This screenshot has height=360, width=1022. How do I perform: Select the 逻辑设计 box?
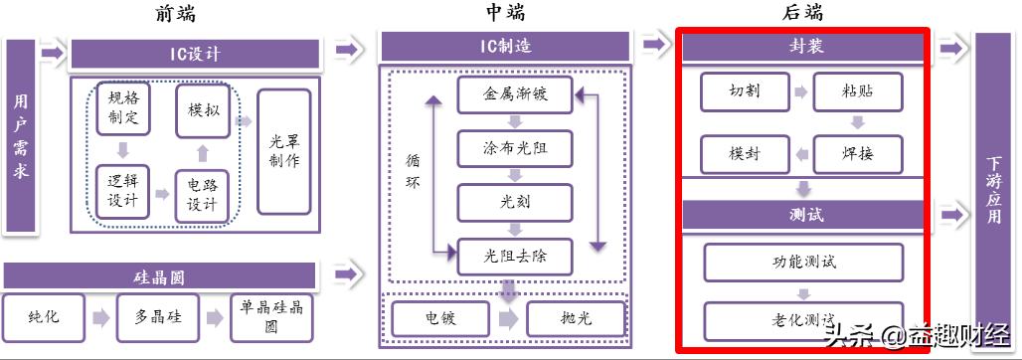click(x=122, y=190)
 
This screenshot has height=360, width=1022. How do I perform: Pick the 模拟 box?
click(x=203, y=110)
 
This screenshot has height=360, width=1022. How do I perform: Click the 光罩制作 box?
click(x=283, y=151)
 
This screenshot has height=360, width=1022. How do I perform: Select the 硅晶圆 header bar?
click(x=159, y=276)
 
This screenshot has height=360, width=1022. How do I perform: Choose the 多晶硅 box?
click(x=156, y=317)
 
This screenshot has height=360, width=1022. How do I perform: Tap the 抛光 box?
click(x=575, y=318)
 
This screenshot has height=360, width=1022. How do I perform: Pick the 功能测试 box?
click(x=804, y=262)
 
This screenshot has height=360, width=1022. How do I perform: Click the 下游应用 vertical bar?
click(x=993, y=189)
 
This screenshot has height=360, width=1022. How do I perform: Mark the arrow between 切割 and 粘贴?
click(x=799, y=91)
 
